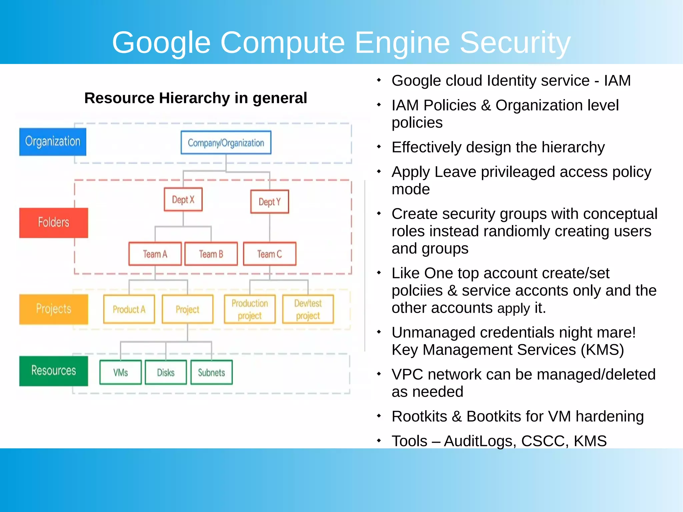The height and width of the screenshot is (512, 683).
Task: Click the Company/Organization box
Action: pos(226,143)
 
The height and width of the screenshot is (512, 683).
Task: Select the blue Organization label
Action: pos(53,142)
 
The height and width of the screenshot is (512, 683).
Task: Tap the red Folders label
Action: pos(53,223)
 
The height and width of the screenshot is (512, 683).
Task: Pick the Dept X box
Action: pos(183,200)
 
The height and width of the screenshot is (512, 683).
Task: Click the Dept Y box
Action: pos(269,202)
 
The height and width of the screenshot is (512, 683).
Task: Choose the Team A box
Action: pos(155,254)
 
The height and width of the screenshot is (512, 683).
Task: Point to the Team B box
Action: pos(211,254)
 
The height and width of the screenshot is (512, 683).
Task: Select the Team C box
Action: pos(269,254)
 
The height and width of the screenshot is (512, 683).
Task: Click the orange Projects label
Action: pos(53,309)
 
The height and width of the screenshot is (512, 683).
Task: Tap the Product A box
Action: pos(129,309)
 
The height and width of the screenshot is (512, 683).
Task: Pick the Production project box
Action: pos(250,309)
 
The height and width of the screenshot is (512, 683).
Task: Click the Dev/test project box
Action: pos(308,309)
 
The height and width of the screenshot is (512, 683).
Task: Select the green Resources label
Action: pos(53,371)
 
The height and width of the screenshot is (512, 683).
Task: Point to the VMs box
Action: pos(120,372)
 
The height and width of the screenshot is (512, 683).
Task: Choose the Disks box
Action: pos(166,372)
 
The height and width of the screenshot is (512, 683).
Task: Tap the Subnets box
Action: pos(211,372)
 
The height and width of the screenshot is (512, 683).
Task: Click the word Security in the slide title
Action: pos(515,43)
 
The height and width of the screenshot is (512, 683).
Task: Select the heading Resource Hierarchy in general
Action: pos(195,98)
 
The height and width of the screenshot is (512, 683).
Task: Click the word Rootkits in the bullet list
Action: pos(419,416)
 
